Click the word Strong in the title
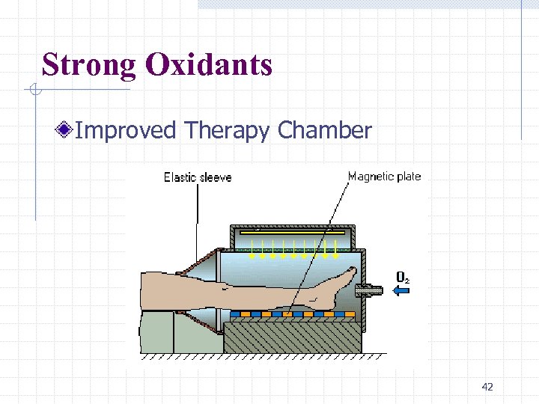(x=89, y=65)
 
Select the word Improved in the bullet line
(x=126, y=131)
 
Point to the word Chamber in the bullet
(x=324, y=131)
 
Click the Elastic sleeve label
(x=198, y=177)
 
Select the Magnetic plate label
(x=384, y=177)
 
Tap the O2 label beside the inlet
(x=402, y=278)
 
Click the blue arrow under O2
(x=402, y=291)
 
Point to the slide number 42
(x=487, y=387)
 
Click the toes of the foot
(x=350, y=273)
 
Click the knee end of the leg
(x=150, y=292)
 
